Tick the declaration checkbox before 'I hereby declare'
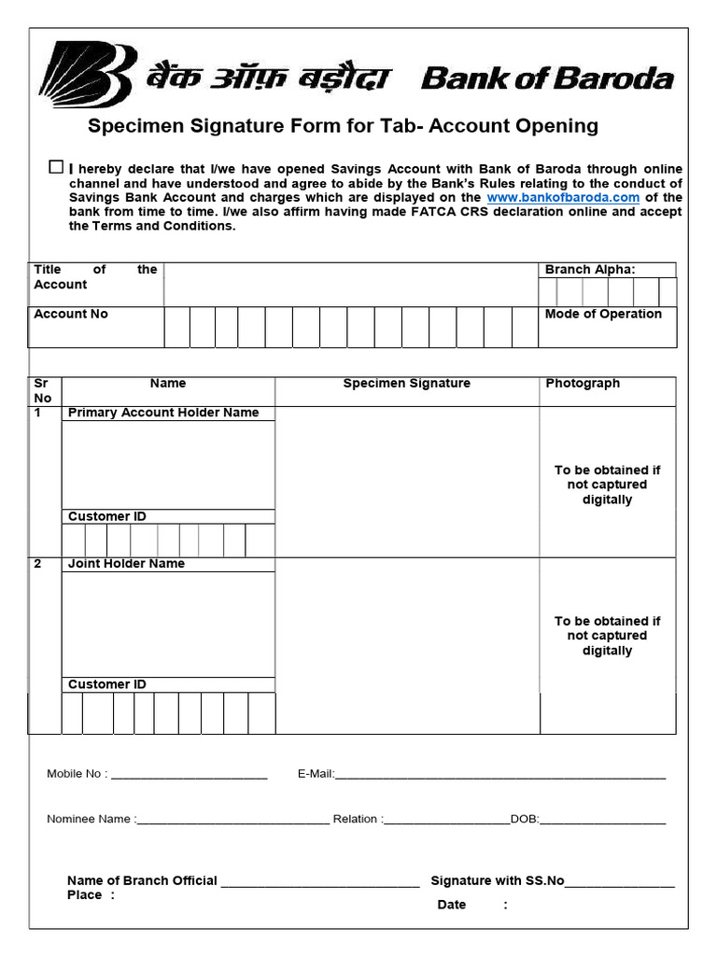click(x=56, y=167)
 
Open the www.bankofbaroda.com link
click(x=563, y=198)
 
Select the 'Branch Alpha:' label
click(x=589, y=270)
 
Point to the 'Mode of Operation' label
click(x=603, y=315)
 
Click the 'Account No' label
click(x=71, y=315)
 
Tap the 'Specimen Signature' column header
click(x=406, y=384)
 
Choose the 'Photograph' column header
click(x=583, y=384)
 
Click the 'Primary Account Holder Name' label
click(x=163, y=413)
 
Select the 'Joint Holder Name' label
click(x=126, y=564)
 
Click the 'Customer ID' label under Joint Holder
click(x=106, y=684)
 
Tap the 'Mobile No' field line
click(x=189, y=774)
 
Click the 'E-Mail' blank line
click(x=499, y=774)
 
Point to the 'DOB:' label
click(x=525, y=820)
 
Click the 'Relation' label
click(x=356, y=820)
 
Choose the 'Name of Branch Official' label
click(x=142, y=880)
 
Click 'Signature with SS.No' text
click(x=497, y=880)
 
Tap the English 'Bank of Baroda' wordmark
click(x=547, y=78)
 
